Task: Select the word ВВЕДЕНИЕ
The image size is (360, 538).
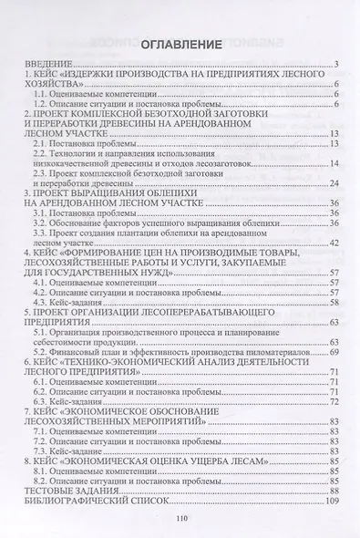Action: (48, 62)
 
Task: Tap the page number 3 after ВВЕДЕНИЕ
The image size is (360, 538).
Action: (336, 62)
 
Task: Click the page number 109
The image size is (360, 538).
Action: (332, 502)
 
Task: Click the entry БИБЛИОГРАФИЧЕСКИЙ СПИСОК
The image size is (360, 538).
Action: (93, 502)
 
